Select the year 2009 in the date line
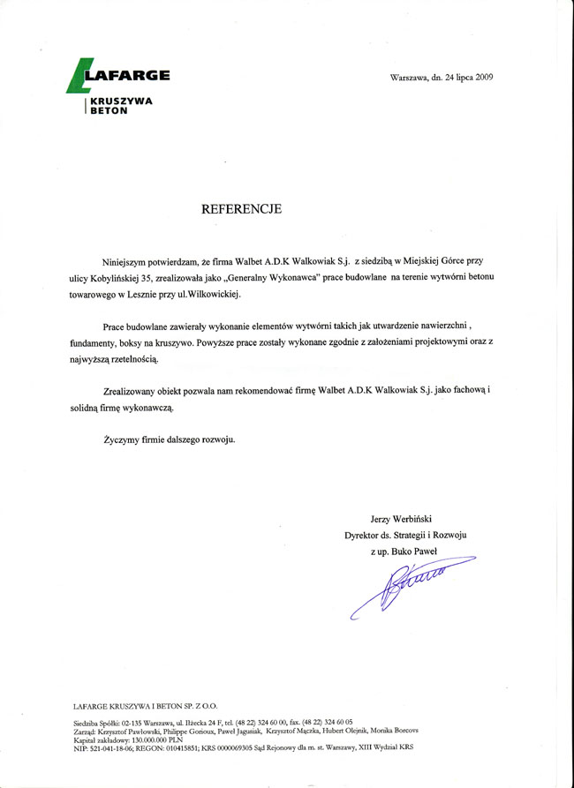tap(484, 78)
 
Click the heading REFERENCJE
tap(241, 209)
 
